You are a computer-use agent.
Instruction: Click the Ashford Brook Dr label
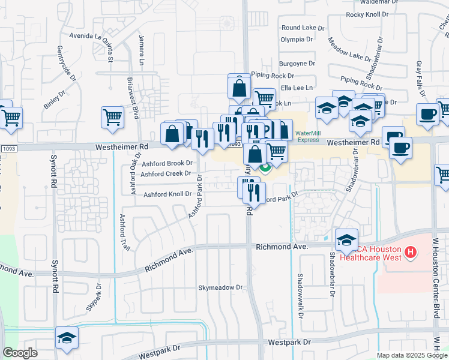pyautogui.click(x=167, y=163)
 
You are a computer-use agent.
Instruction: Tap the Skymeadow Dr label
pyautogui.click(x=221, y=288)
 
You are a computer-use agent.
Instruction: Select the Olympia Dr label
pyautogui.click(x=297, y=40)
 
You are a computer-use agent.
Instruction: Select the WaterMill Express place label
pyautogui.click(x=307, y=136)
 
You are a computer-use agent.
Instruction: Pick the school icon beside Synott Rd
pyautogui.click(x=67, y=338)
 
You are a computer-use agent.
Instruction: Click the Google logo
pyautogui.click(x=20, y=353)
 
